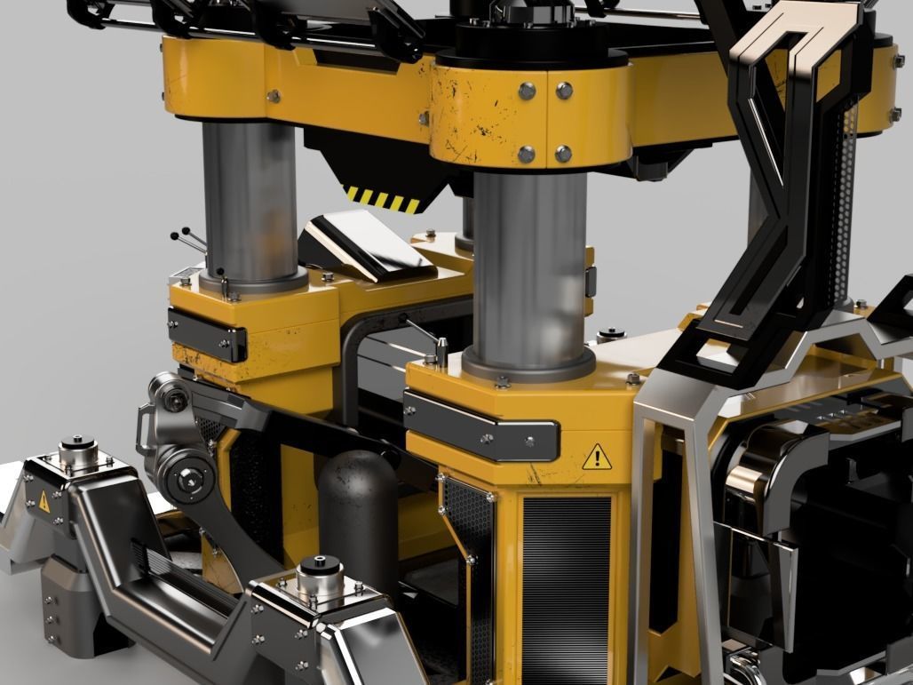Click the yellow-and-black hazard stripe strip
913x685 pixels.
383,199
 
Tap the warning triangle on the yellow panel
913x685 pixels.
597,458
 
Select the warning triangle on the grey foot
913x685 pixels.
44,500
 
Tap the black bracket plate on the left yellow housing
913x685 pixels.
207,332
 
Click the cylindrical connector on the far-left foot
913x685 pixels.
78,449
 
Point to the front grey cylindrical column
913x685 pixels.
529,267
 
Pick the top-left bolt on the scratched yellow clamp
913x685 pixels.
527,89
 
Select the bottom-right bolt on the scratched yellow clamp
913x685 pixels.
563,154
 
